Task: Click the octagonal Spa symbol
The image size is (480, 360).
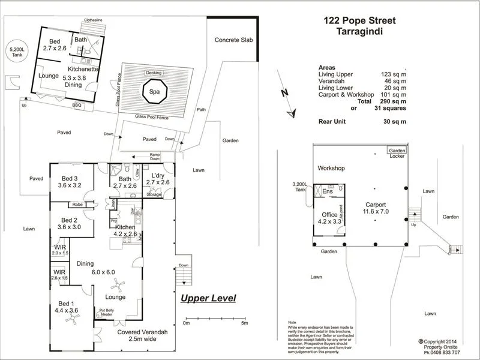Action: pos(154,92)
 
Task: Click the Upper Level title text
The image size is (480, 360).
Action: pos(208,298)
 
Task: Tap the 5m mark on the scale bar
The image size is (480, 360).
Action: pos(245,323)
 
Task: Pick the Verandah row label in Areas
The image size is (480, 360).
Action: pos(333,81)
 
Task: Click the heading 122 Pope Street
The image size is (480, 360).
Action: pos(359,20)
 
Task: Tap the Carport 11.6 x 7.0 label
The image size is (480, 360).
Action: pos(376,208)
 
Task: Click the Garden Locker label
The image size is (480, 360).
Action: pos(397,153)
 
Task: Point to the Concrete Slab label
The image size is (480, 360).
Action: pos(234,40)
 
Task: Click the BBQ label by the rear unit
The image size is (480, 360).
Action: pos(76,106)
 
